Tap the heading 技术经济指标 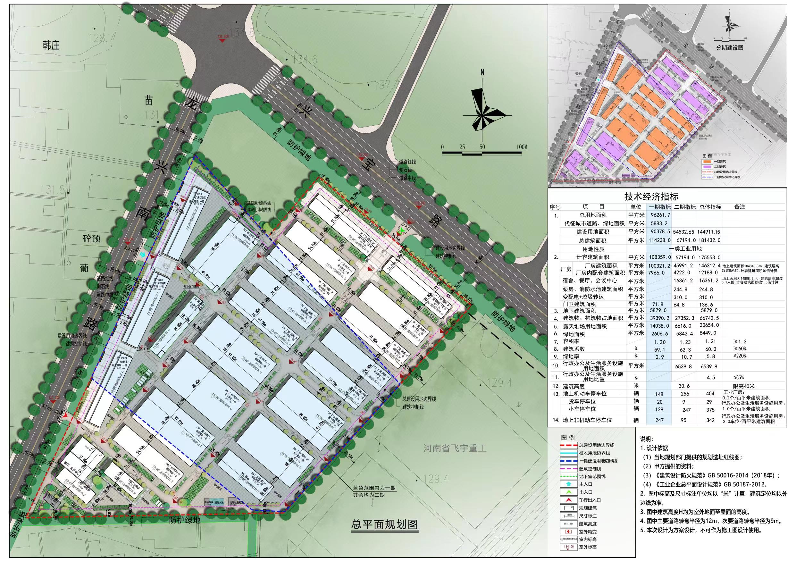click(x=651, y=197)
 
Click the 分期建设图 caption click(x=729, y=48)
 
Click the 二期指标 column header click(x=685, y=207)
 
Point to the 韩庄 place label click(x=51, y=46)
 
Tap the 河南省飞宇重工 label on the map click(x=455, y=448)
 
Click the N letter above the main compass click(x=482, y=72)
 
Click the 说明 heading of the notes click(x=647, y=439)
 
